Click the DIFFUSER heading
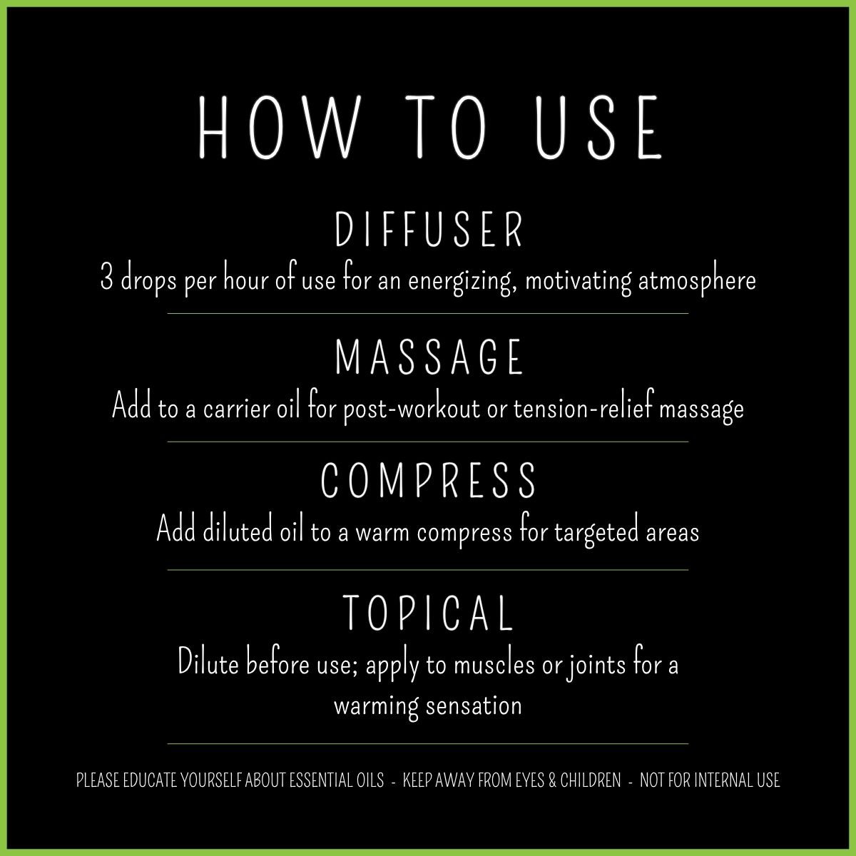click(x=429, y=228)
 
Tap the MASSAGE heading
click(x=429, y=357)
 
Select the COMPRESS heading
click(x=429, y=480)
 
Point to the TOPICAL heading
click(x=429, y=612)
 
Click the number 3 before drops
click(x=106, y=280)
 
